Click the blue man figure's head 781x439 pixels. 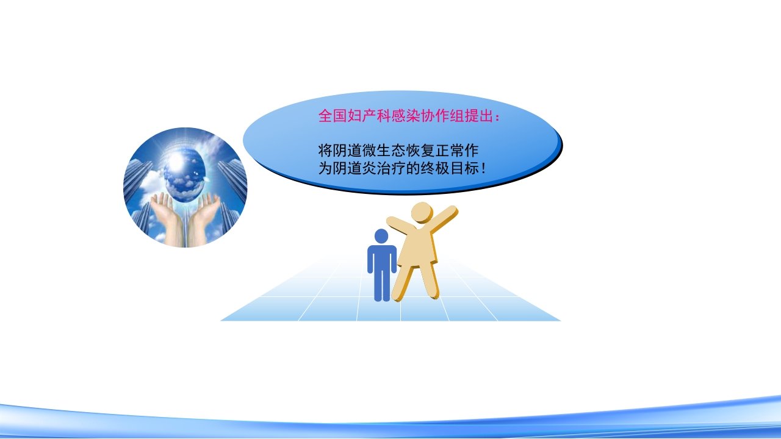tap(381, 236)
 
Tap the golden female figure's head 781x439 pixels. tap(421, 213)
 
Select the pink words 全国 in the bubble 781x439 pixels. tap(331, 116)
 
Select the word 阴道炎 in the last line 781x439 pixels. tap(359, 168)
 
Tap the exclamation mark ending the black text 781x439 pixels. tap(484, 168)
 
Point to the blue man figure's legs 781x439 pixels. tap(382, 285)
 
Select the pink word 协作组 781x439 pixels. tap(439, 116)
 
